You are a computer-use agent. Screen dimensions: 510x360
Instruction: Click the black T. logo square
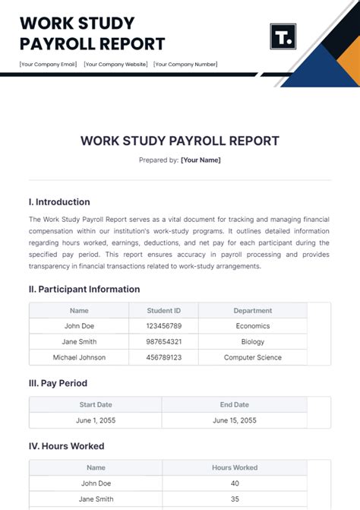click(283, 36)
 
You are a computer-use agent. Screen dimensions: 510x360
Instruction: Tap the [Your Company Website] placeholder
click(115, 64)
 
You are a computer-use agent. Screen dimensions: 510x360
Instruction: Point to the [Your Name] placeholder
click(201, 160)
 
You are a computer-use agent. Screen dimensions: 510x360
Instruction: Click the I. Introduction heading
click(59, 202)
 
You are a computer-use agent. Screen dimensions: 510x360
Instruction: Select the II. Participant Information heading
click(84, 289)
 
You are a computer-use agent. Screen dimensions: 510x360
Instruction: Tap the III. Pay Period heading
click(58, 383)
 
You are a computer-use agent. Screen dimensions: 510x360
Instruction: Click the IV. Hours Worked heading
click(66, 446)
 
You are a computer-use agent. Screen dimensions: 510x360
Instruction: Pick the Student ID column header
click(164, 310)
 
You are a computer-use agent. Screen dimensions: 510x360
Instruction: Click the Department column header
click(253, 310)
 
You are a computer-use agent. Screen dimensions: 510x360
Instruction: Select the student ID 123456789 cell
click(164, 326)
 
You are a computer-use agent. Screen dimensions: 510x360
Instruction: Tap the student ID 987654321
click(164, 341)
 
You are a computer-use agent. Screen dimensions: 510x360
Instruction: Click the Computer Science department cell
click(253, 357)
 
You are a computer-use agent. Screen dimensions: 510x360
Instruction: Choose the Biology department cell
click(253, 341)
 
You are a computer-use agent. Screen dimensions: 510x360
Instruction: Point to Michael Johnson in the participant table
click(79, 357)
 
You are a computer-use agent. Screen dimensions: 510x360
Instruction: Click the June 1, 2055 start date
click(96, 420)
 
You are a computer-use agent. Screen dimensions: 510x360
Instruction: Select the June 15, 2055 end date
click(235, 420)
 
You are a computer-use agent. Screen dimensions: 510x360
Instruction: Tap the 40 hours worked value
click(235, 483)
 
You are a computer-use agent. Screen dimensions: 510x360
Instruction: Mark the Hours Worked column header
click(235, 467)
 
